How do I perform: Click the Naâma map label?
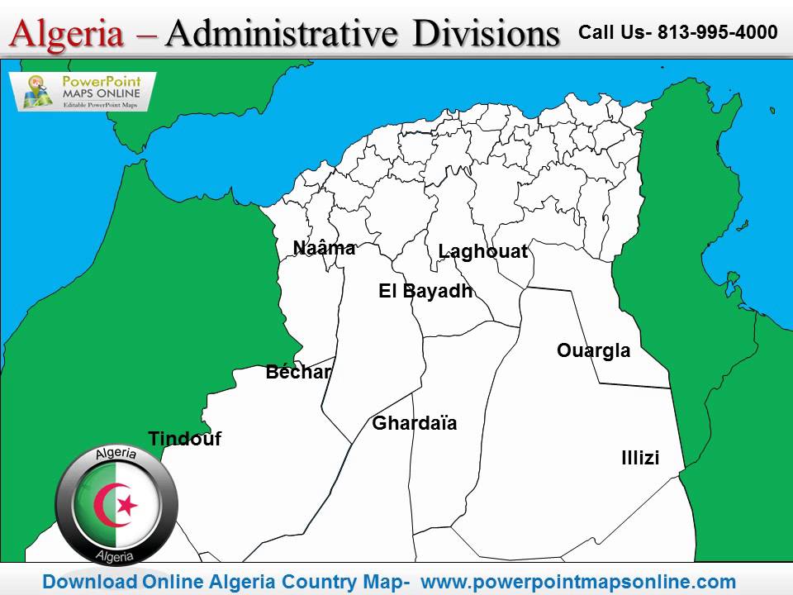coord(324,248)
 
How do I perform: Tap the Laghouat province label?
coord(482,252)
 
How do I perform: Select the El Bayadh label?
coord(425,291)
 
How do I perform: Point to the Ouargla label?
coord(593,350)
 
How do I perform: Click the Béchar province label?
coord(298,373)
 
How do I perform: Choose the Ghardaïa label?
coord(415,424)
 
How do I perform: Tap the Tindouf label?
coord(184,439)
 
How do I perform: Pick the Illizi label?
coord(640,458)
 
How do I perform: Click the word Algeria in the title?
coord(69,35)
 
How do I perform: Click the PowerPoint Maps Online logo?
coord(82,92)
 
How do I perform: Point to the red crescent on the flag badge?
coord(107,506)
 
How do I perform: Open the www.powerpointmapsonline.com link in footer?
coord(578,581)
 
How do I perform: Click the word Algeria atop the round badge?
coord(116,455)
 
